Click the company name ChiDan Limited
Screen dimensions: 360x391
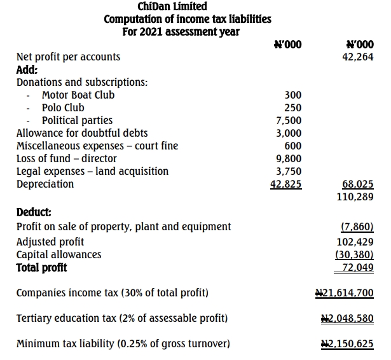pyautogui.click(x=172, y=6)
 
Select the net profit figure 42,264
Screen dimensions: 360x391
pyautogui.click(x=358, y=57)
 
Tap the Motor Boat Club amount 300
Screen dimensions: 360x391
pyautogui.click(x=293, y=95)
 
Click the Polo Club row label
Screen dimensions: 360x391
pyautogui.click(x=63, y=107)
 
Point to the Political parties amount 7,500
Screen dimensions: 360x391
pyautogui.click(x=289, y=121)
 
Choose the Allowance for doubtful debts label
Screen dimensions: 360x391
pyautogui.click(x=82, y=133)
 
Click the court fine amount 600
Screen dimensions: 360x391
pyautogui.click(x=293, y=146)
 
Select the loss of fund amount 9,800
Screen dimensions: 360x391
pyautogui.click(x=289, y=158)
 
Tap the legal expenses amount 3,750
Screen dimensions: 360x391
pyautogui.click(x=289, y=171)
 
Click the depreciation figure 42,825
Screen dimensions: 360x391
pyautogui.click(x=286, y=184)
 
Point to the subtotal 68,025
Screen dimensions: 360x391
pyautogui.click(x=358, y=184)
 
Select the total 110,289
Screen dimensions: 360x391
pyautogui.click(x=355, y=197)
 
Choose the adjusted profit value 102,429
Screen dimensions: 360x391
pyautogui.click(x=355, y=242)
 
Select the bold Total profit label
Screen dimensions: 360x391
pyautogui.click(x=41, y=267)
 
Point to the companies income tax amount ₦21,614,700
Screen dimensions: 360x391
pyautogui.click(x=345, y=293)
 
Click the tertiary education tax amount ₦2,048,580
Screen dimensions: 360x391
pyautogui.click(x=347, y=318)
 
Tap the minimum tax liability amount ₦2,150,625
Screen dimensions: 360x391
pyautogui.click(x=347, y=344)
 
